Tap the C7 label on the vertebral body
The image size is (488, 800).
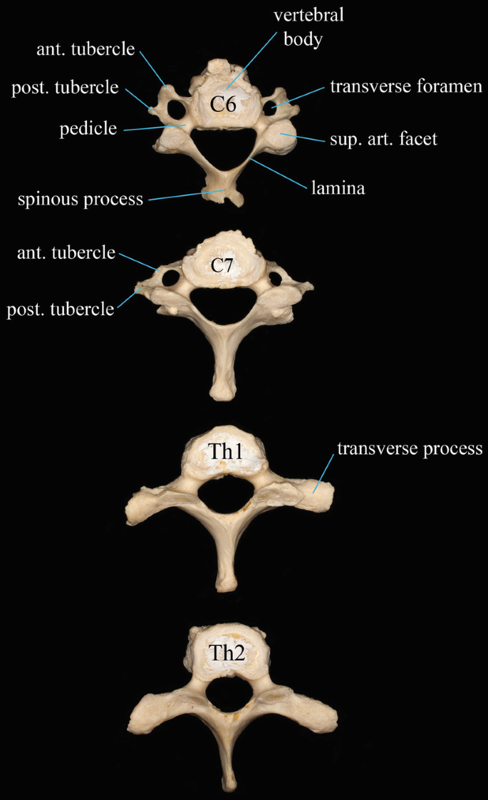[x=224, y=267]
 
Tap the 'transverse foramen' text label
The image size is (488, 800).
[x=407, y=87]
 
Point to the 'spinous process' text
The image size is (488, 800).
[x=81, y=199]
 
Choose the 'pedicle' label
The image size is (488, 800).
[x=88, y=128]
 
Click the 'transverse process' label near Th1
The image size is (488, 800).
[x=410, y=449]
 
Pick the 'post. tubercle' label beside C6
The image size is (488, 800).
[x=65, y=88]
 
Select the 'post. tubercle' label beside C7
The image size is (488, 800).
[x=60, y=309]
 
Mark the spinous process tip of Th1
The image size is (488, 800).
[x=226, y=582]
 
